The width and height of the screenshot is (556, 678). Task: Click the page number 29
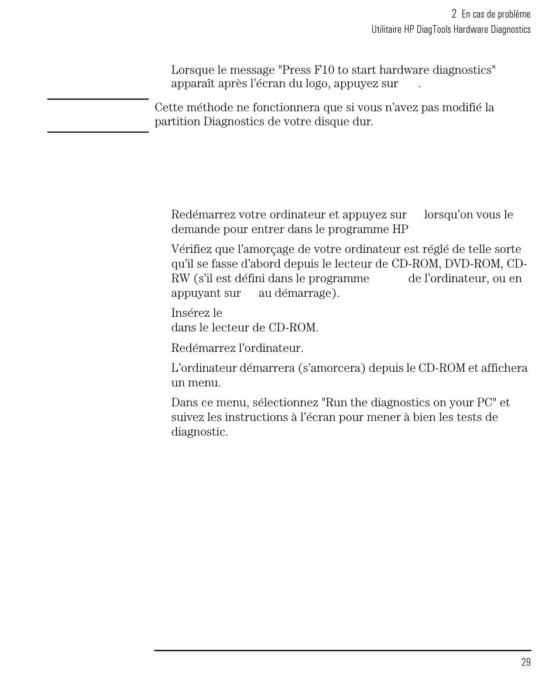(526, 662)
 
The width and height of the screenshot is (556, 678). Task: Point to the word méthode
(203, 108)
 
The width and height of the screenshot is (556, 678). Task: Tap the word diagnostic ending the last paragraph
(199, 433)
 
